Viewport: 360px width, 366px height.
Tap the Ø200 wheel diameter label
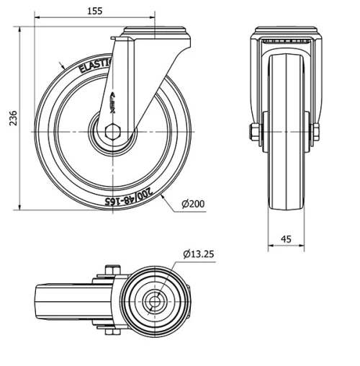(x=193, y=204)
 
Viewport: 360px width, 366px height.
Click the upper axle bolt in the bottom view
(x=109, y=271)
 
